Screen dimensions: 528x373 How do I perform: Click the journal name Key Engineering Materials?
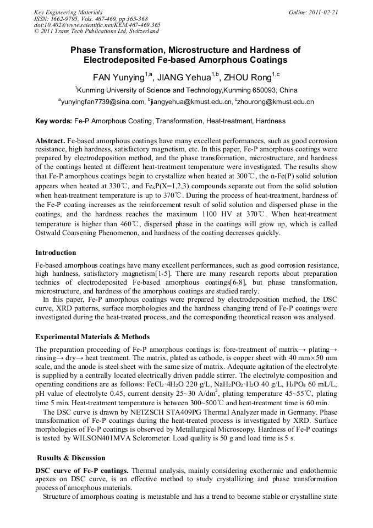tap(68, 12)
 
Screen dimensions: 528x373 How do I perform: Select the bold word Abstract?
tap(51, 141)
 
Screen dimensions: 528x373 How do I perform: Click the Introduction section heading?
tap(56, 253)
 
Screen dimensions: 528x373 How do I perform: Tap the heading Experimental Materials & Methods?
tap(92, 336)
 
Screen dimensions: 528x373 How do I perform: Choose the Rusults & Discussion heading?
tap(71, 458)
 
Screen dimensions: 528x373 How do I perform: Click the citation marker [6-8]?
tap(239, 282)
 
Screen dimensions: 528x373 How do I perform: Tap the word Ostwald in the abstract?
tap(50, 233)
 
